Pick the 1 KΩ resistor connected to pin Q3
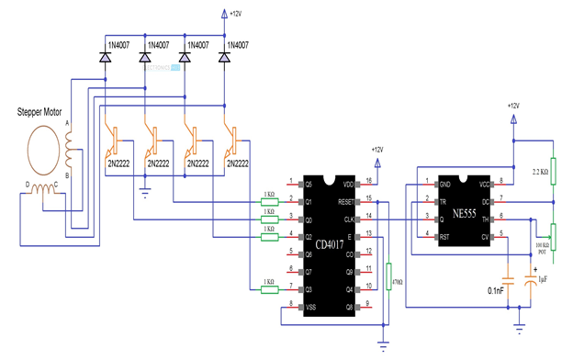pos(269,289)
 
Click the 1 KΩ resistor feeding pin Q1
pos(269,200)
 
